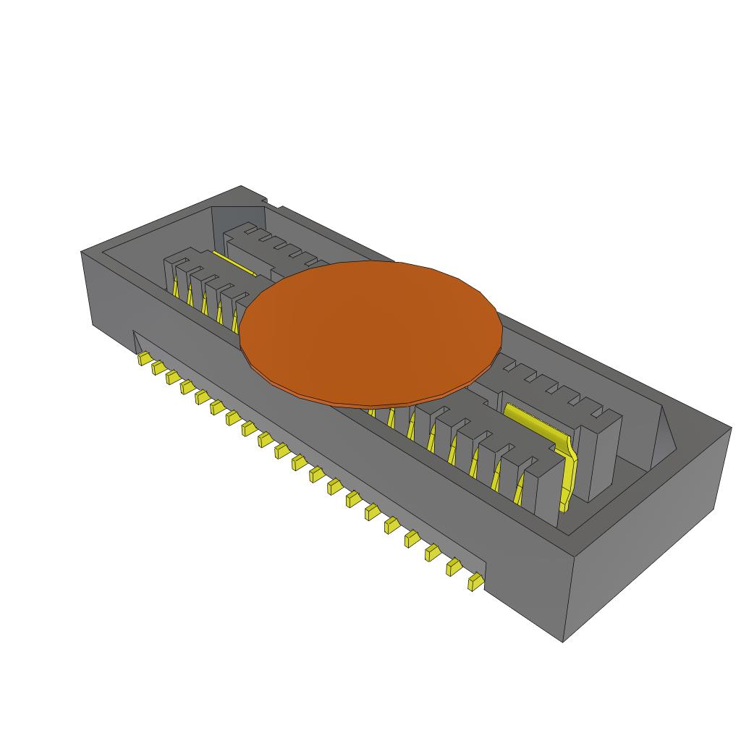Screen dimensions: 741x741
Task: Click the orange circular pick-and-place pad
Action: tap(370, 329)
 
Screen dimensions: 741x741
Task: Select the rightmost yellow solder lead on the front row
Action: tap(475, 582)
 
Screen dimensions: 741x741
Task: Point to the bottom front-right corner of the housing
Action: tap(563, 640)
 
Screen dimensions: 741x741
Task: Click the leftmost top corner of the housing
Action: tap(81, 252)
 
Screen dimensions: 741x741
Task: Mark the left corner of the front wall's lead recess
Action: tap(134, 333)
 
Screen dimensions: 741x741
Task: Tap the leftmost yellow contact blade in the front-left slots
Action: tap(176, 289)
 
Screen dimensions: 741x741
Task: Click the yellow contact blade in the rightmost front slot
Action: tap(520, 492)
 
